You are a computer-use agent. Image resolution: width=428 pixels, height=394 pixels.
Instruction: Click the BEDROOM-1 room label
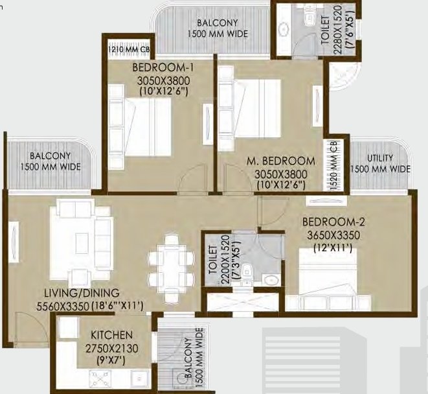[x=163, y=67]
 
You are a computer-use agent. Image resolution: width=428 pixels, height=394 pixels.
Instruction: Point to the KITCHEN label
[x=112, y=335]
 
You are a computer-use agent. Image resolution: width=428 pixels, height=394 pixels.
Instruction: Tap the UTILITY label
[x=380, y=157]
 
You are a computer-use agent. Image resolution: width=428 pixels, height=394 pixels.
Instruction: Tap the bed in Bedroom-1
[x=141, y=122]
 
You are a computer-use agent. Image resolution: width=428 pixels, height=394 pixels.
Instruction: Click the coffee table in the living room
[x=82, y=243]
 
